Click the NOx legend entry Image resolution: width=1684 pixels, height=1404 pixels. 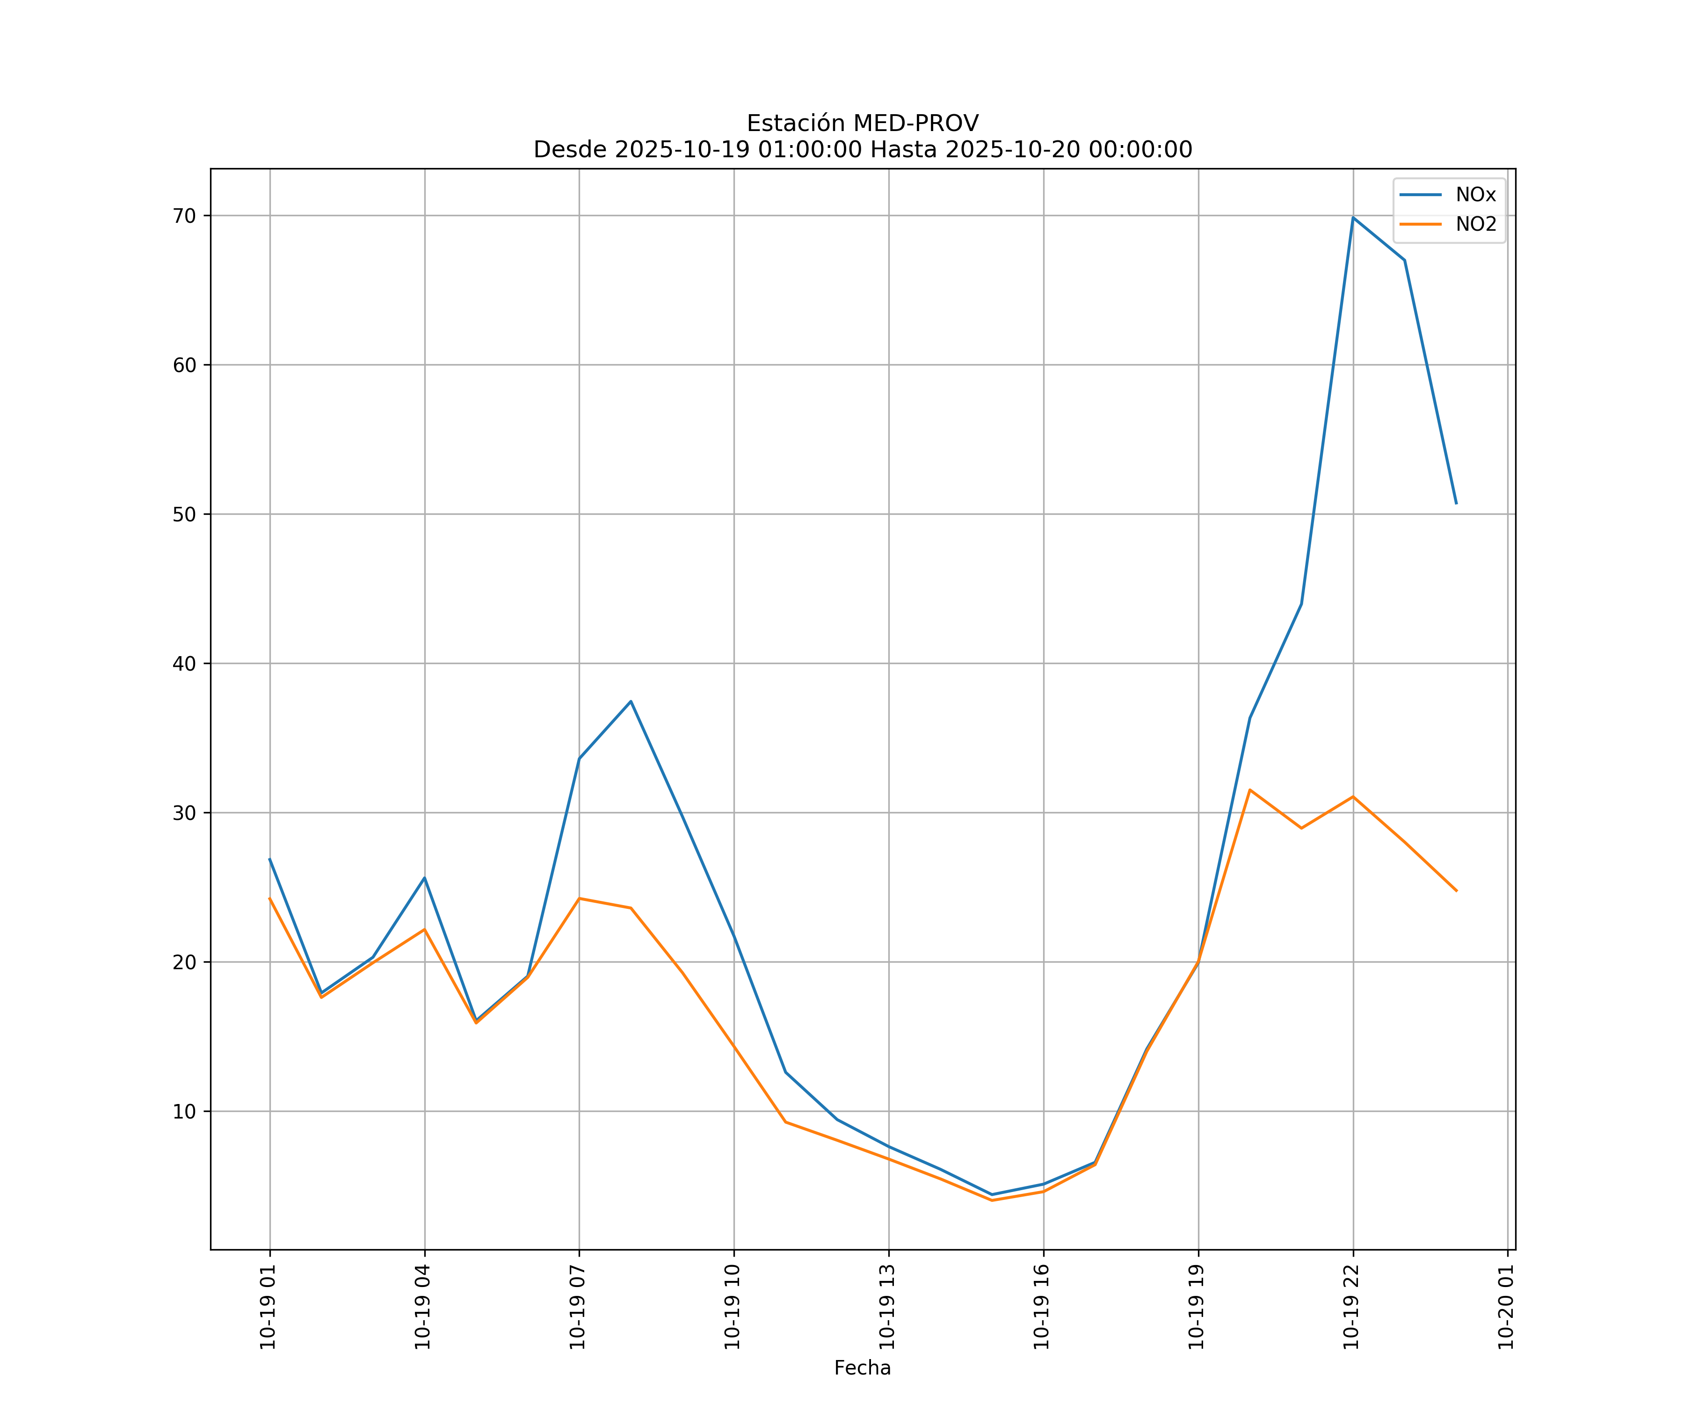tap(1475, 195)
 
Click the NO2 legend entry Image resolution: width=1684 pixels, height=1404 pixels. tap(1475, 225)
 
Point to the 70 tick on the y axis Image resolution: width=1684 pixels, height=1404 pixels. tap(184, 216)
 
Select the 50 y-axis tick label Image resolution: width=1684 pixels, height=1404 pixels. tap(184, 514)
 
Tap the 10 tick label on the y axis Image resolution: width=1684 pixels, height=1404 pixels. tap(184, 1111)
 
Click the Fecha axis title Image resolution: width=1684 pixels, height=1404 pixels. tap(862, 1368)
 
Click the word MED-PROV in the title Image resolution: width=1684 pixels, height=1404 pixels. tap(915, 124)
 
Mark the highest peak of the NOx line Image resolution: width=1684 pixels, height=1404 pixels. tap(1353, 218)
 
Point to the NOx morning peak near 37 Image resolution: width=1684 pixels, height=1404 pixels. tap(631, 701)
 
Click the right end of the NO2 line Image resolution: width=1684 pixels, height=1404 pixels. tap(1456, 891)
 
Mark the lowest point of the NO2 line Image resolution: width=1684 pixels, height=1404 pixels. tap(992, 1200)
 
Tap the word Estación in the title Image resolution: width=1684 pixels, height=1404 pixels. tap(796, 124)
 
